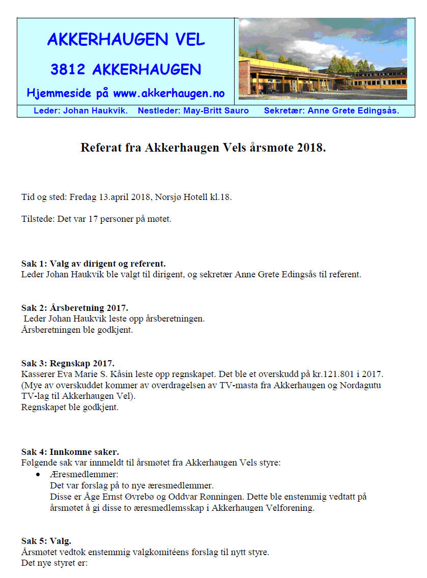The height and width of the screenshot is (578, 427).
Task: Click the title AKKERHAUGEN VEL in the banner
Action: pyautogui.click(x=126, y=39)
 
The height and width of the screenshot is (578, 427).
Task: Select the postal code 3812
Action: pyautogui.click(x=68, y=69)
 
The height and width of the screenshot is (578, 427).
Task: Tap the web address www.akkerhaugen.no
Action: pyautogui.click(x=168, y=94)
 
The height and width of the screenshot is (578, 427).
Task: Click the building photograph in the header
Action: pyautogui.click(x=323, y=59)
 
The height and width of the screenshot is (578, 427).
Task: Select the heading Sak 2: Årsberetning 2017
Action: pyautogui.click(x=74, y=308)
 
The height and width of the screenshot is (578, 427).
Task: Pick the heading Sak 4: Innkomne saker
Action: pyautogui.click(x=70, y=452)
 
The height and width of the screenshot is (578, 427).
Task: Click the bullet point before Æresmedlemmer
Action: pyautogui.click(x=38, y=474)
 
